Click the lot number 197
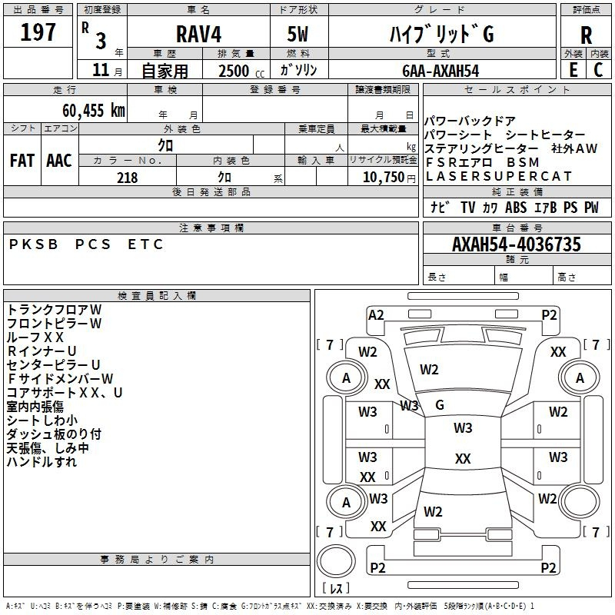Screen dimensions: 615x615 pyautogui.click(x=38, y=32)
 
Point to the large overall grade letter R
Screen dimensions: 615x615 pyautogui.click(x=586, y=35)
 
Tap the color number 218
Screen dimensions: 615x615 pyautogui.click(x=127, y=178)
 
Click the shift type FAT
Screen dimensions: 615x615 pyautogui.click(x=22, y=161)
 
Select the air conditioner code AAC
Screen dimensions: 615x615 pyautogui.click(x=59, y=161)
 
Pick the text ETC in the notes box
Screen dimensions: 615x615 pyautogui.click(x=146, y=244)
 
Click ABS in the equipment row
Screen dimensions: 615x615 pyautogui.click(x=516, y=208)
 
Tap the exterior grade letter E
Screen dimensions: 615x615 pyautogui.click(x=573, y=70)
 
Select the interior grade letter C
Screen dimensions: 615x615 pyautogui.click(x=599, y=70)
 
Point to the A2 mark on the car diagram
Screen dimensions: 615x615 pyautogui.click(x=376, y=314)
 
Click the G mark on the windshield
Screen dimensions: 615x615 pyautogui.click(x=440, y=405)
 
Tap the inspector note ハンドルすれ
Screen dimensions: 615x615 pyautogui.click(x=42, y=462)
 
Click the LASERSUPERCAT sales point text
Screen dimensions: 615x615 pyautogui.click(x=499, y=176)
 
